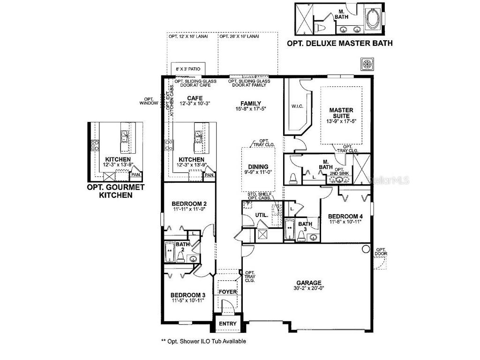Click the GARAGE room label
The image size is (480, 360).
point(308,283)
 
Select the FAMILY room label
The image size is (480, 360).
point(251,104)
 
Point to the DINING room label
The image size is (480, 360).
point(258,166)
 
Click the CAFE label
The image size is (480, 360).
point(195,98)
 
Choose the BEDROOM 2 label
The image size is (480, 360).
point(189,203)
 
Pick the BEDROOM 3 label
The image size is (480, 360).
point(187,295)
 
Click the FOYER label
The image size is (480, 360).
point(228,292)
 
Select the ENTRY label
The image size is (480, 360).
point(228,324)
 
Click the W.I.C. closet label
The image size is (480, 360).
point(297,106)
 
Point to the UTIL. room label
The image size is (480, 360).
point(261,215)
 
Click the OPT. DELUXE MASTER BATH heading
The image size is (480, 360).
point(339,43)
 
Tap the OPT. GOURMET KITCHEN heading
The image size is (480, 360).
point(115,191)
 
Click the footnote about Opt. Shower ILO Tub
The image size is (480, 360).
point(203,341)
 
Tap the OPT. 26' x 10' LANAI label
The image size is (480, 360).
point(239,36)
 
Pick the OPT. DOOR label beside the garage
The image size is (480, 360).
point(381,252)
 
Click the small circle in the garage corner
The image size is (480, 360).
point(366,250)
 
